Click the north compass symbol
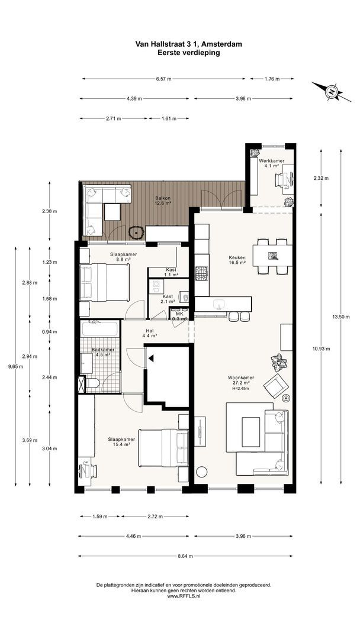click(332, 92)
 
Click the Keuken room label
click(237, 260)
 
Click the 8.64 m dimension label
click(185, 556)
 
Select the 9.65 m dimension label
click(15, 366)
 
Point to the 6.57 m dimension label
click(163, 79)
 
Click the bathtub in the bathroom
click(100, 328)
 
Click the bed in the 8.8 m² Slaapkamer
click(105, 282)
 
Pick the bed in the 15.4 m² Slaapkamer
click(163, 447)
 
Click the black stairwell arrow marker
click(151, 359)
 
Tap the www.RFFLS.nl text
click(184, 596)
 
